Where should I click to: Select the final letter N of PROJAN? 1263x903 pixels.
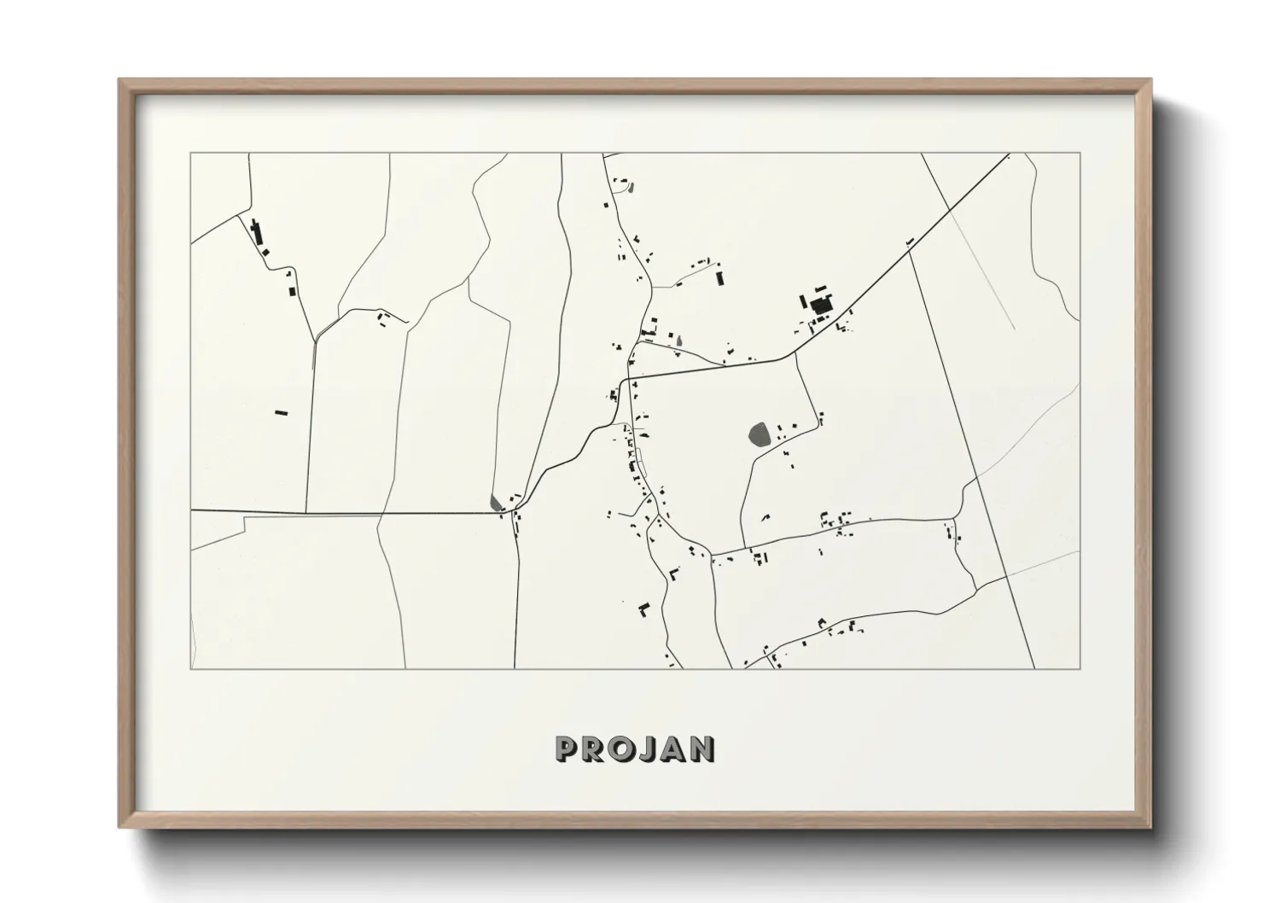(703, 749)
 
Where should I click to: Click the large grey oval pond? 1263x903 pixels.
(759, 434)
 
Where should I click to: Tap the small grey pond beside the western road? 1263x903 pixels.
(497, 502)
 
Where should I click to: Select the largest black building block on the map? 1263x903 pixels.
(821, 305)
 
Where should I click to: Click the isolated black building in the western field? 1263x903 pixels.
(281, 413)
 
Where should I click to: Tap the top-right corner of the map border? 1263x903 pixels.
(1080, 153)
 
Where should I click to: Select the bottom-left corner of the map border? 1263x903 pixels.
(190, 669)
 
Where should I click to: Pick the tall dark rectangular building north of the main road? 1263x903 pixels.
(720, 277)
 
